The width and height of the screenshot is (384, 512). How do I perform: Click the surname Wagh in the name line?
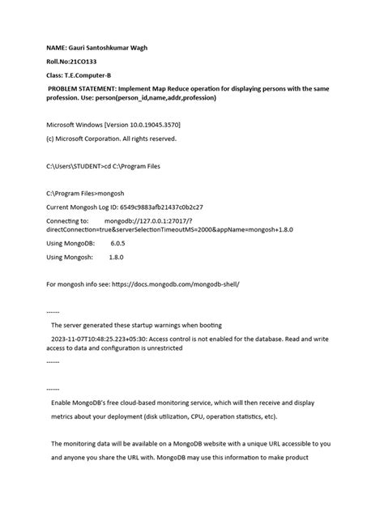tap(135, 48)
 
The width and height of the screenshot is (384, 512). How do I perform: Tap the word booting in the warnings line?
tap(206, 325)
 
